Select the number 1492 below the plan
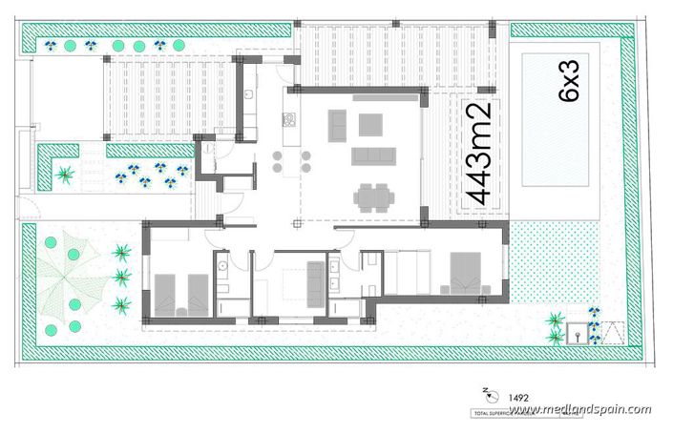(519, 396)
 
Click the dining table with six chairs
(373, 196)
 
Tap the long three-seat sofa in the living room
(373, 155)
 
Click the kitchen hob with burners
(286, 120)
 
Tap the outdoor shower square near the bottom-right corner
(577, 334)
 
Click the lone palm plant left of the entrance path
(65, 175)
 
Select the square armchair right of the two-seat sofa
(370, 124)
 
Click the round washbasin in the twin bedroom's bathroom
(221, 268)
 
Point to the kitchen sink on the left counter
(248, 95)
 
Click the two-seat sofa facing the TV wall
(338, 125)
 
